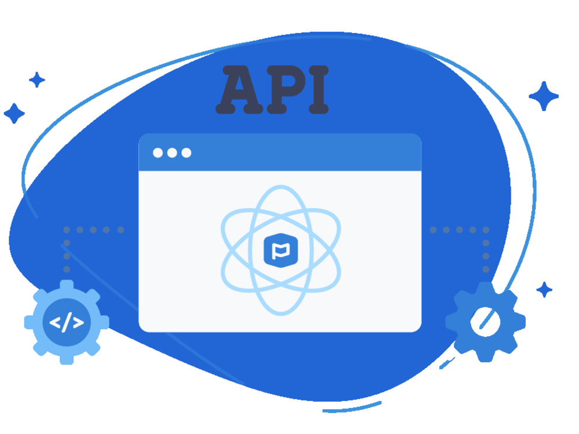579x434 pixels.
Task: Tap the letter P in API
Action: click(287, 90)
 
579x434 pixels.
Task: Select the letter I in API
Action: click(318, 90)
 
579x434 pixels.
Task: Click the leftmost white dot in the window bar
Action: click(157, 153)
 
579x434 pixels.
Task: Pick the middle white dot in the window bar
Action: click(172, 153)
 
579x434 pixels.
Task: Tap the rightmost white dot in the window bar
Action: click(186, 153)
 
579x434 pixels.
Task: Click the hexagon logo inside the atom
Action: click(281, 250)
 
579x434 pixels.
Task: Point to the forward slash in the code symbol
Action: click(67, 322)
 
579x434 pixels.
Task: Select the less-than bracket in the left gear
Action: click(55, 322)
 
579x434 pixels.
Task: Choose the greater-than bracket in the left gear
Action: click(78, 322)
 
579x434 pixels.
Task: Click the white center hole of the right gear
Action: click(485, 322)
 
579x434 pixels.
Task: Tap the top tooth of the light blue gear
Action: click(67, 285)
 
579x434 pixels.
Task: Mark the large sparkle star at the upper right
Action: click(544, 96)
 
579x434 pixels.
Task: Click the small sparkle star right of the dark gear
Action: click(544, 290)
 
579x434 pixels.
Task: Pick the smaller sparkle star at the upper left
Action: click(37, 80)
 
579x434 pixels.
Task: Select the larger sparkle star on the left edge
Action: click(14, 113)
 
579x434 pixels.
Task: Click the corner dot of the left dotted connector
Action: click(67, 230)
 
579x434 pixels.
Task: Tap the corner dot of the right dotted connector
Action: click(486, 230)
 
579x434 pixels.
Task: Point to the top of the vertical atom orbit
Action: click(281, 186)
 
